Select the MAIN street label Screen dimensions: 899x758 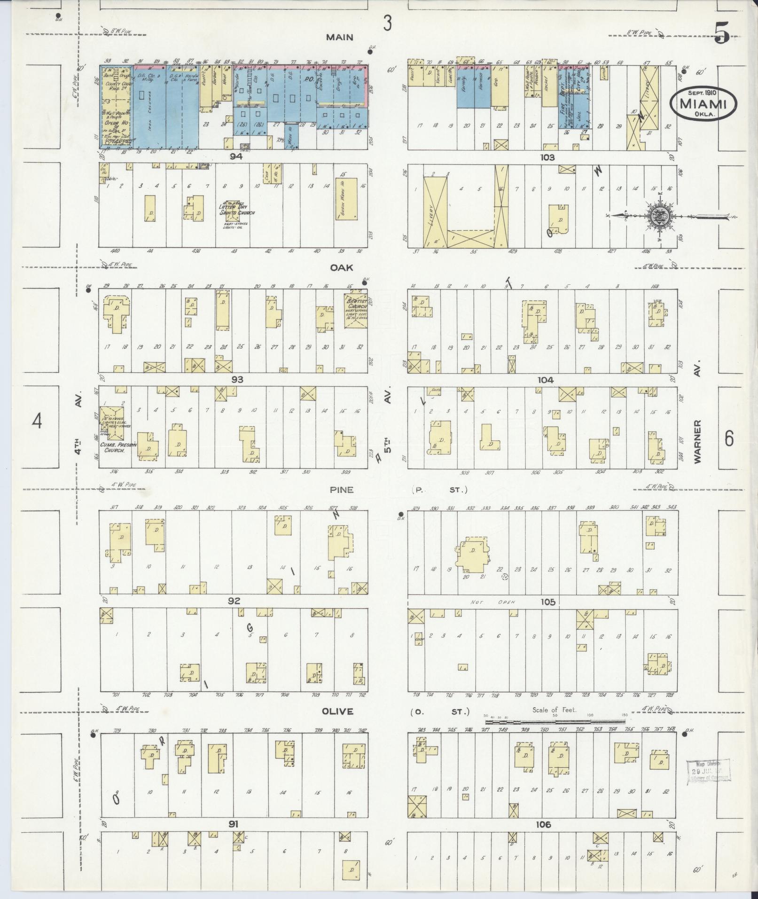[339, 37]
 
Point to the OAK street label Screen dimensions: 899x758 [341, 267]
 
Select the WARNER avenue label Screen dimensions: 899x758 [697, 442]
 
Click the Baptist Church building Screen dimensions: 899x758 [356, 310]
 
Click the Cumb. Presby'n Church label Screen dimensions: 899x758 [114, 447]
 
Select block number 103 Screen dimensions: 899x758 [547, 157]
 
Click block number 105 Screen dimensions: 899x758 [548, 602]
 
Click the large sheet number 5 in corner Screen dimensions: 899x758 [722, 33]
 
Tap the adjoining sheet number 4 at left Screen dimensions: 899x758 [37, 421]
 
